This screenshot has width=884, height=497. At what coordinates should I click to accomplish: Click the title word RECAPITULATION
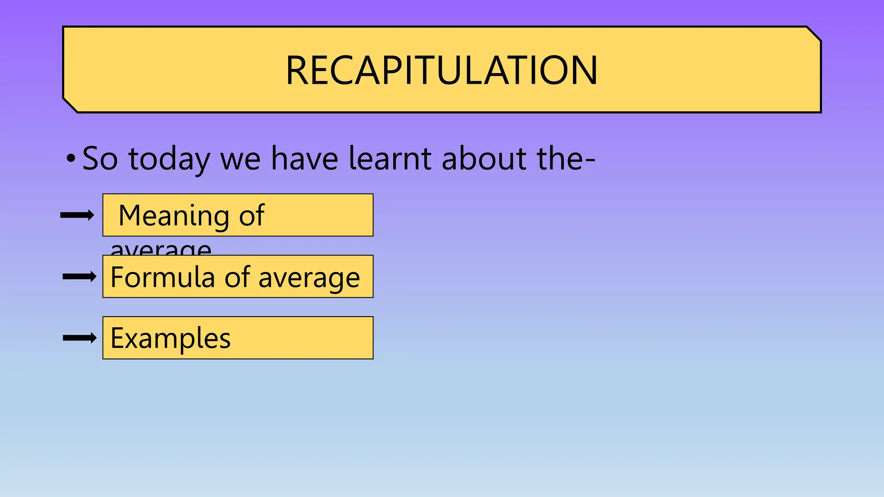pos(442,70)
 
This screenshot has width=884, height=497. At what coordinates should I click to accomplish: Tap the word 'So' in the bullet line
pos(100,158)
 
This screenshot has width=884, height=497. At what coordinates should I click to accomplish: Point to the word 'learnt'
pos(390,158)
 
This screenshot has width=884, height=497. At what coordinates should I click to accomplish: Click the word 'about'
pos(484,158)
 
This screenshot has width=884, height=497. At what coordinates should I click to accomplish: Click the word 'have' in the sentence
pos(305,158)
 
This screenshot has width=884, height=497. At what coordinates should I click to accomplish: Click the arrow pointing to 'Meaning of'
pos(77,215)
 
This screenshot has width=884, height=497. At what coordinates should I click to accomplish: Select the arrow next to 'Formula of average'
pos(79,277)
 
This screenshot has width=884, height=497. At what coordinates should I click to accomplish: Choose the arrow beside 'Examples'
pos(79,338)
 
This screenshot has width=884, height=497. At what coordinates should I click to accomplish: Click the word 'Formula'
pos(162,277)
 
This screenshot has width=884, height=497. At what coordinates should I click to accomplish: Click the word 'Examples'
pos(170,339)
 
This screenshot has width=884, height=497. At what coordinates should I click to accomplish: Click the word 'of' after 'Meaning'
pos(251,215)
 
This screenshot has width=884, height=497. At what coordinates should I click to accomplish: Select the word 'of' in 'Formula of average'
pos(237,277)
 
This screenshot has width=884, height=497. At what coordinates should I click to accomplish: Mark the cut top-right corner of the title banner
pos(814,34)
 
